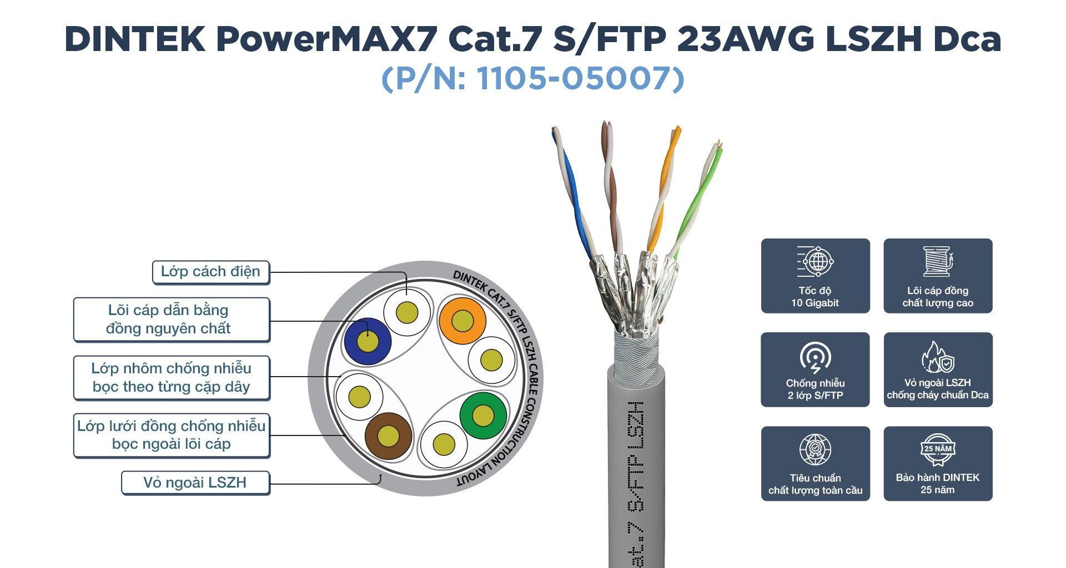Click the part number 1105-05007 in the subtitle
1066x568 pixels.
tap(580, 78)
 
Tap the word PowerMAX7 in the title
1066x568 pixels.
tap(326, 39)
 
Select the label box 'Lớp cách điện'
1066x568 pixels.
tap(211, 272)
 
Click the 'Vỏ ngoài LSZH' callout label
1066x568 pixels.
tap(195, 483)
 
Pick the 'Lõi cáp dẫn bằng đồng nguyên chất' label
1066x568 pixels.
tap(172, 319)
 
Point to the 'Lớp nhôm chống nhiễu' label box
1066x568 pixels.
tap(172, 378)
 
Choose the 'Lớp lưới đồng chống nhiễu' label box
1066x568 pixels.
tap(172, 435)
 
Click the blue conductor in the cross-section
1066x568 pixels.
tap(368, 341)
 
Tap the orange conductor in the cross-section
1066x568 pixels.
tap(462, 321)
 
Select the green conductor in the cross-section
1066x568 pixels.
tap(483, 415)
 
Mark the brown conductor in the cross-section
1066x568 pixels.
tap(388, 436)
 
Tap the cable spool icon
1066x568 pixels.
tap(938, 261)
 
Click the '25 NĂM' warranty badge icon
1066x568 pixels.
tap(938, 449)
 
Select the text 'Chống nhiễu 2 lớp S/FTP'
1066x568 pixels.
tap(815, 389)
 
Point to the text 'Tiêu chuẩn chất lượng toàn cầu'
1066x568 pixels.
tap(815, 484)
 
